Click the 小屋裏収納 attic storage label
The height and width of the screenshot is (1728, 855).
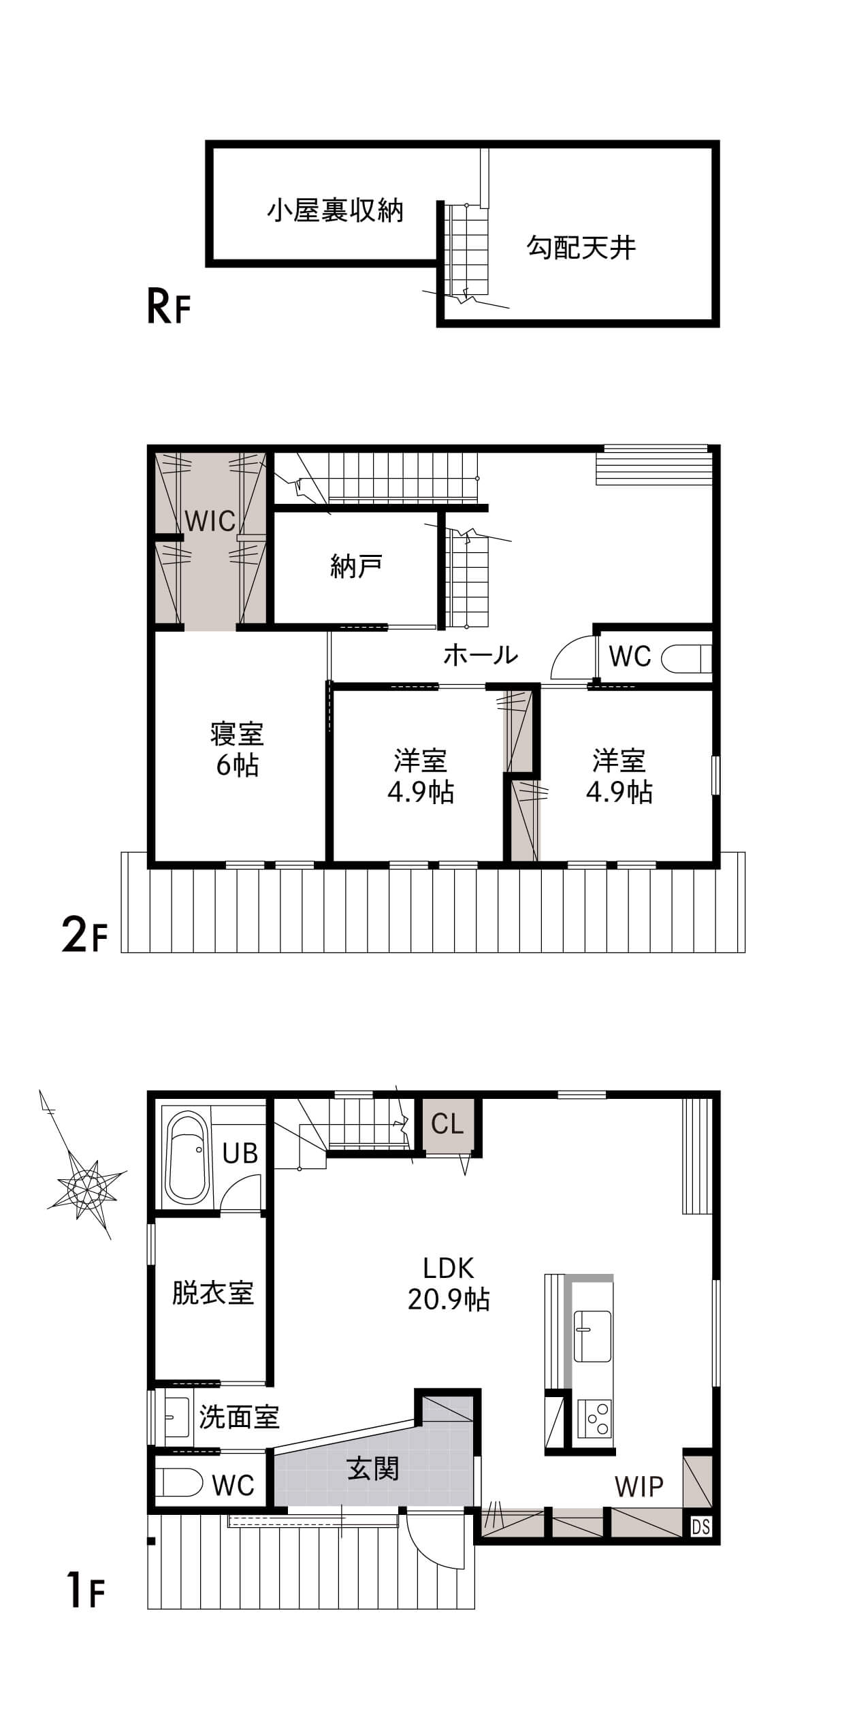[x=335, y=210]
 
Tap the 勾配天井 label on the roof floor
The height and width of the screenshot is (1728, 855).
[x=581, y=247]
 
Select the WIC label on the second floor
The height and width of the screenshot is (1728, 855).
[x=210, y=522]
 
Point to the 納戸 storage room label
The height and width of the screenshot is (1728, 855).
[x=356, y=566]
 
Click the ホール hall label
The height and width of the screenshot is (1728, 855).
[x=481, y=655]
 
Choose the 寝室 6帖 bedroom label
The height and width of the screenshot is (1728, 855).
[x=237, y=750]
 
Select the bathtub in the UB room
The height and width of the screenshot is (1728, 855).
[x=189, y=1157]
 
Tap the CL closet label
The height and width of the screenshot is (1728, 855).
[x=447, y=1123]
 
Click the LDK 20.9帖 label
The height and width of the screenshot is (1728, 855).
[x=449, y=1284]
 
